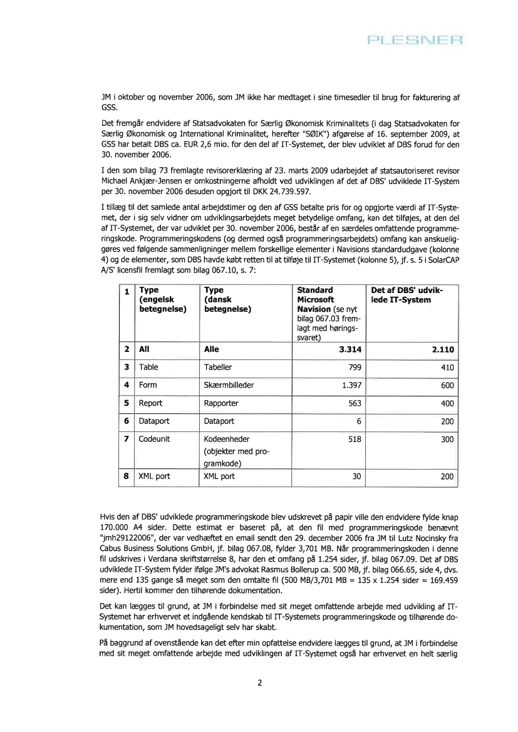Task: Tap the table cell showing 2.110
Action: coord(442,350)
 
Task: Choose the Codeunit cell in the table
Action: coord(155,440)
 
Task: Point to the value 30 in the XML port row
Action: coord(357,476)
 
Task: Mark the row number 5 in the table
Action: coord(127,404)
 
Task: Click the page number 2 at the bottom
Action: coord(259,682)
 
